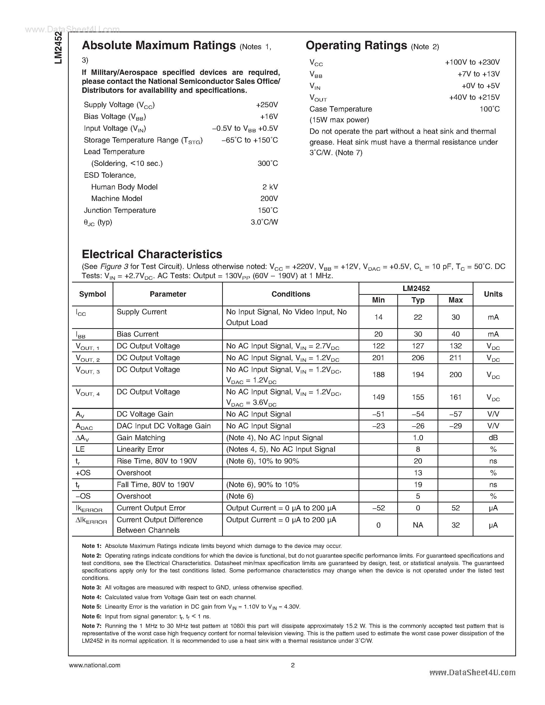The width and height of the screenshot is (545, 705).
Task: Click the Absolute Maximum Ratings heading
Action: pyautogui.click(x=158, y=46)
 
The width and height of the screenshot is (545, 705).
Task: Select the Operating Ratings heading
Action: pyautogui.click(x=356, y=46)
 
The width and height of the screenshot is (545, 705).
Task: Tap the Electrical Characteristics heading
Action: pyautogui.click(x=152, y=254)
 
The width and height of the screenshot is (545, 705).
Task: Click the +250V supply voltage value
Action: pyautogui.click(x=267, y=105)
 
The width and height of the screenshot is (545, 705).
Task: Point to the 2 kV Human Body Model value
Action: pyautogui.click(x=270, y=187)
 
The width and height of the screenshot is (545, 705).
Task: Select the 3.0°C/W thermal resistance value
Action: pyautogui.click(x=264, y=222)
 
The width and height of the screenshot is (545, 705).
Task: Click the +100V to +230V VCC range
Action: pyautogui.click(x=472, y=62)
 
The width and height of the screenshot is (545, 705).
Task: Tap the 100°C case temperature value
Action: pyautogui.click(x=489, y=109)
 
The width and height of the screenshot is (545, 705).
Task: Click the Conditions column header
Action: pyautogui.click(x=291, y=294)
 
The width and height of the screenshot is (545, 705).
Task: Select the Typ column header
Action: pyautogui.click(x=418, y=300)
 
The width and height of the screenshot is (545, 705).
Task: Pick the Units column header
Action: pyautogui.click(x=493, y=294)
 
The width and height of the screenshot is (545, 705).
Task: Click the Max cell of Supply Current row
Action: pyautogui.click(x=455, y=317)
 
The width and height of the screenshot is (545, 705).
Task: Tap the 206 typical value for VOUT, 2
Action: pyautogui.click(x=418, y=358)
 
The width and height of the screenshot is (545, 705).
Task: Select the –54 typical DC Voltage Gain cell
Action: pyautogui.click(x=418, y=414)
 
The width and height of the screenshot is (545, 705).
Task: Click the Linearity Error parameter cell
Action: pyautogui.click(x=140, y=449)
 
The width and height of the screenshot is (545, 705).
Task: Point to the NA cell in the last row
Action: pyautogui.click(x=418, y=525)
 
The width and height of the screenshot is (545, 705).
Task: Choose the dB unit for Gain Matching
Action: pyautogui.click(x=493, y=438)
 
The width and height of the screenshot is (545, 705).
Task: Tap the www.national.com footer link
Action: pyautogui.click(x=95, y=665)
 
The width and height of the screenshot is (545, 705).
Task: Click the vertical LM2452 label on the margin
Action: pyautogui.click(x=58, y=48)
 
